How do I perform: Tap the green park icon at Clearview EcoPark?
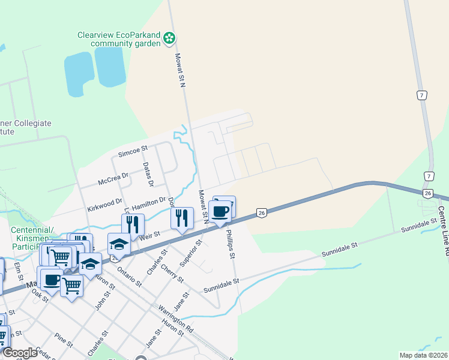point(170,39)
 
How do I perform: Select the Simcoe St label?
point(133,154)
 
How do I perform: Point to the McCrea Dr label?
point(114,177)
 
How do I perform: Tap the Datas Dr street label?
point(148,174)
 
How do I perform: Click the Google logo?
point(20,352)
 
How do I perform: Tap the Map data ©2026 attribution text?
point(423,355)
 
